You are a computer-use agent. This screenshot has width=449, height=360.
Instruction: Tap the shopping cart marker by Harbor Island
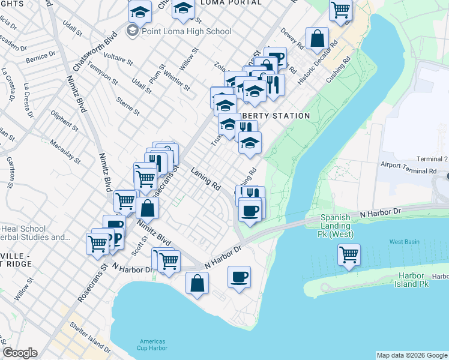(x=349, y=254)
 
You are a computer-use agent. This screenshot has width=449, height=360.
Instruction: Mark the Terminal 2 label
(x=433, y=159)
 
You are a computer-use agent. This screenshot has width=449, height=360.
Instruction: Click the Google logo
(x=20, y=353)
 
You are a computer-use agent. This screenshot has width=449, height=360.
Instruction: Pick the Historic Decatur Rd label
(x=319, y=62)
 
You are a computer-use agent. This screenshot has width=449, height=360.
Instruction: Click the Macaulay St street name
(x=65, y=151)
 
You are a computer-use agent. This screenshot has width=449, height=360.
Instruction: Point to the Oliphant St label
(x=65, y=120)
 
